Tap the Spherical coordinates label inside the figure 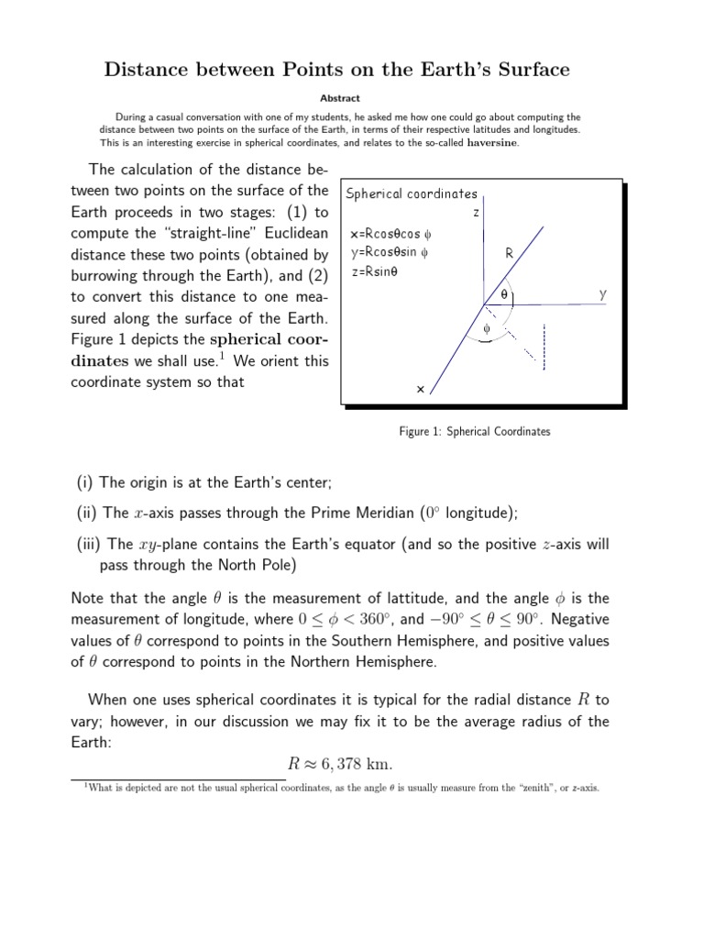[x=412, y=193]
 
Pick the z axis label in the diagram [x=476, y=212]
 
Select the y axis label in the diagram [x=602, y=294]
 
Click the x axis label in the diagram [x=420, y=389]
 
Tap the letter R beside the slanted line [x=510, y=253]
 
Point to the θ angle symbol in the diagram [x=503, y=294]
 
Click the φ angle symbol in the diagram [x=487, y=328]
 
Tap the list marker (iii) [x=89, y=544]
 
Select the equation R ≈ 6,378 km [x=352, y=766]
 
